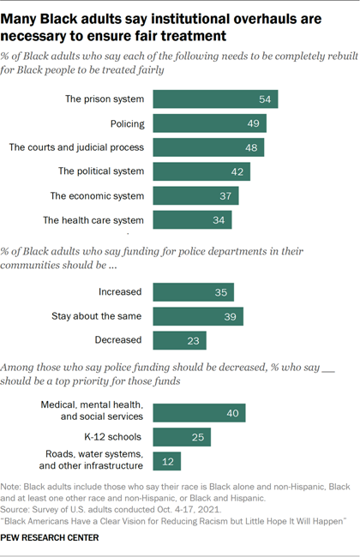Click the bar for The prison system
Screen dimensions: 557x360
click(x=215, y=99)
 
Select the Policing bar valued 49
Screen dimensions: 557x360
click(x=209, y=123)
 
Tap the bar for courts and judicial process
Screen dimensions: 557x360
click(x=208, y=147)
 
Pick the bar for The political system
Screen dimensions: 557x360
click(x=201, y=171)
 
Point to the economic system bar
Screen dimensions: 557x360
click(x=195, y=196)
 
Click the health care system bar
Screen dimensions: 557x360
click(x=192, y=220)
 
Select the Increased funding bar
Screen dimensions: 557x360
click(x=193, y=291)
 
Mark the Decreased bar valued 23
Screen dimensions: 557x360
click(x=179, y=340)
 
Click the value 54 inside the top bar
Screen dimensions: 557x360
click(x=266, y=99)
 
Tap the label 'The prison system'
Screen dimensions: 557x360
click(x=105, y=99)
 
